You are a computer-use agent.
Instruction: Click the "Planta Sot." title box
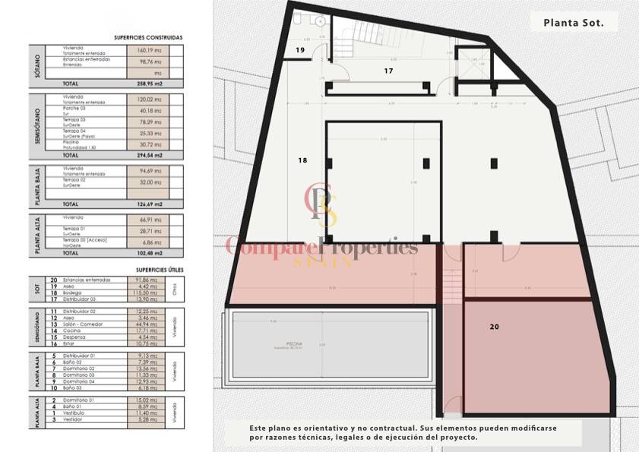574,23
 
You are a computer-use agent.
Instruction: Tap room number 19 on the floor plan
300,50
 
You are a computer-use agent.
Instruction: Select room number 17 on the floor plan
388,71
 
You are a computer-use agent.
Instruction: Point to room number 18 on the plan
302,160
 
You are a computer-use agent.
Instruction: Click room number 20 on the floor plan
495,327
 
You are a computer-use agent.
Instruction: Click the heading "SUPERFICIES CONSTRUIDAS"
147,36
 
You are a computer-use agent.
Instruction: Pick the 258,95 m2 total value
149,84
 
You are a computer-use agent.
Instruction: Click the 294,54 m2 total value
149,155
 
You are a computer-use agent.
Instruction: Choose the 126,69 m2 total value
149,204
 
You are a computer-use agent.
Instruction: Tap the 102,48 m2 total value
149,253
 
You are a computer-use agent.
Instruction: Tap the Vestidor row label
74,419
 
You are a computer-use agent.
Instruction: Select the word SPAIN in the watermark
323,262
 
